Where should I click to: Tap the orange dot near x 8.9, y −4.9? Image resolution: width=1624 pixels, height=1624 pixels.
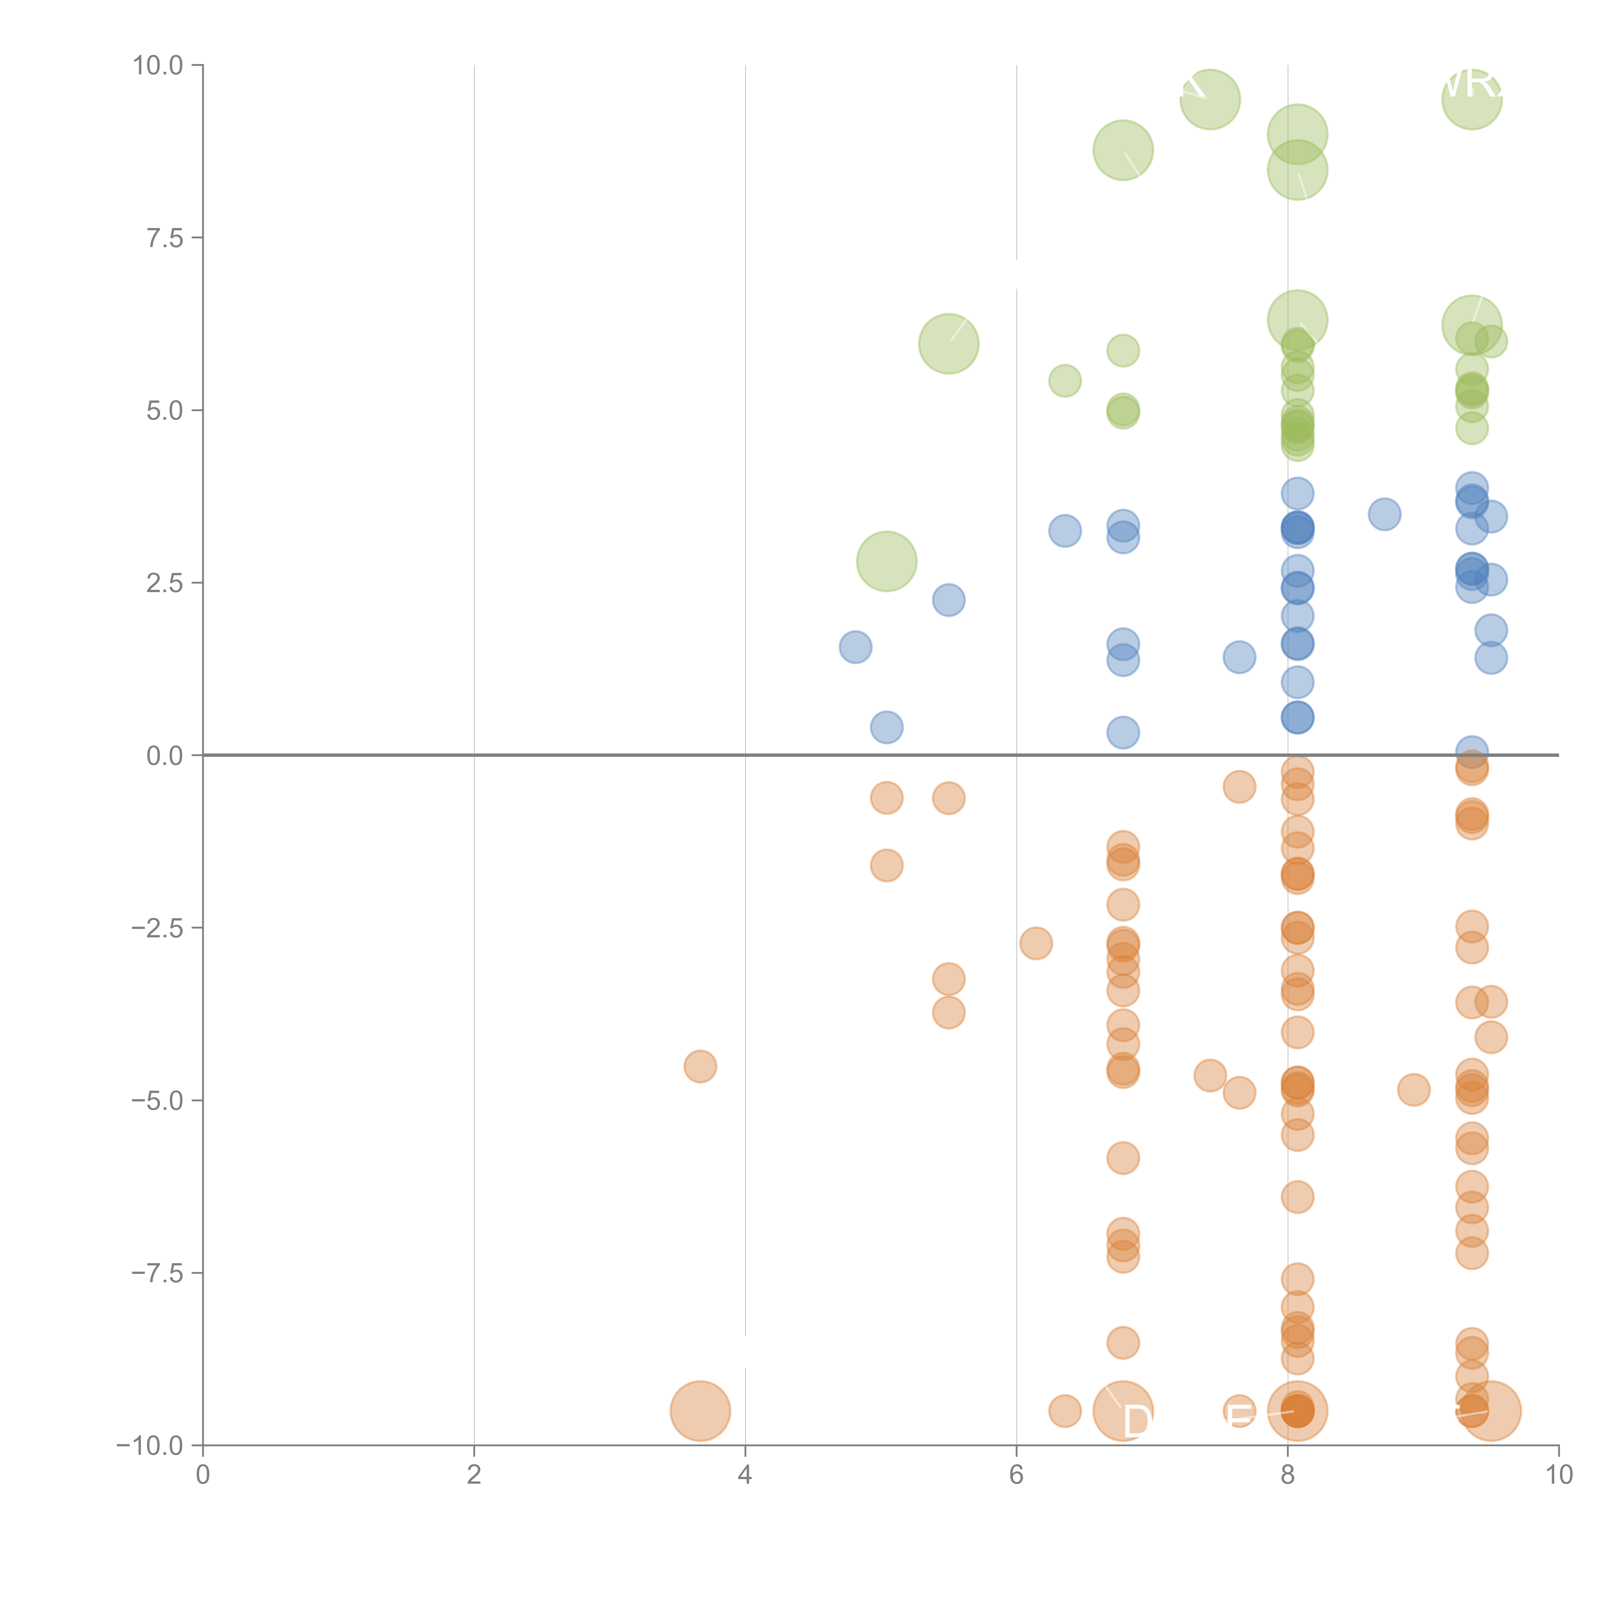(1414, 1090)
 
